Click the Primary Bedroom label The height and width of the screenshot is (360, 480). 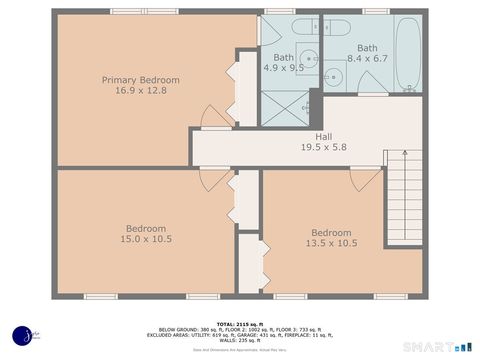tap(141, 80)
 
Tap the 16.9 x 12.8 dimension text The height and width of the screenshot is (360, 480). tap(141, 91)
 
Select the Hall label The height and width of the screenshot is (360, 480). tap(323, 137)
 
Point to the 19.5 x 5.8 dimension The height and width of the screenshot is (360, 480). tap(323, 148)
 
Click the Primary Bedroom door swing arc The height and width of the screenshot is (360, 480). tap(214, 116)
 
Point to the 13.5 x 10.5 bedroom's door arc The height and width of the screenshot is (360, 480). tap(366, 179)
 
